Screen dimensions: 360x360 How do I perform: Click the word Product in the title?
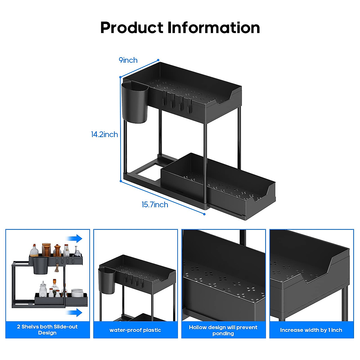point(131,28)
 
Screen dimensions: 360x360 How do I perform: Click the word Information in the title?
point(214,28)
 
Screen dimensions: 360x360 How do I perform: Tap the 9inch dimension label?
point(128,60)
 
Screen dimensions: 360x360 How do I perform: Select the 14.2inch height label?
point(104,134)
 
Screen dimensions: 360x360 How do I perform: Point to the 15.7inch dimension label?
point(155,205)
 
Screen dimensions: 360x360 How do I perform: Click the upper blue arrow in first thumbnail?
point(75,238)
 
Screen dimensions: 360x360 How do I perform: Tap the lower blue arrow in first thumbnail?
point(75,313)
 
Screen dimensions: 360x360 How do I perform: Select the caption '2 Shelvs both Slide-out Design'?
point(47,330)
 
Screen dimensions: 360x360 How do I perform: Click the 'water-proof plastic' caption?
point(135,330)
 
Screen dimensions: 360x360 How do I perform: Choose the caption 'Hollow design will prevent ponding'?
point(223,330)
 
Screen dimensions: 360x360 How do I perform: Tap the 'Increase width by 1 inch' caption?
point(311,330)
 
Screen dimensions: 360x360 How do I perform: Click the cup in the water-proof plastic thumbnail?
point(107,281)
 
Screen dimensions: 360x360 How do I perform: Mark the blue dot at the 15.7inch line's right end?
point(204,214)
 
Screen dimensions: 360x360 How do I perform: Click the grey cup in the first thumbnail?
point(40,265)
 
